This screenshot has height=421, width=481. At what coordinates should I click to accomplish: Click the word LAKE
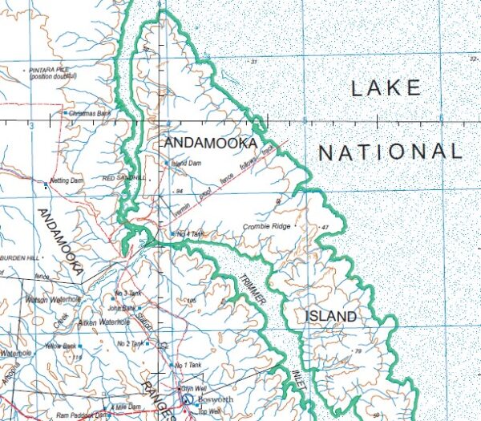386,88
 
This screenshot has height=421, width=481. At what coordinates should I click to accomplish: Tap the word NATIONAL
390,152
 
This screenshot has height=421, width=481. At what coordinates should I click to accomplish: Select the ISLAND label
330,317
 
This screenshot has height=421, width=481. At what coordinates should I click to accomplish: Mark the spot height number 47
325,229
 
